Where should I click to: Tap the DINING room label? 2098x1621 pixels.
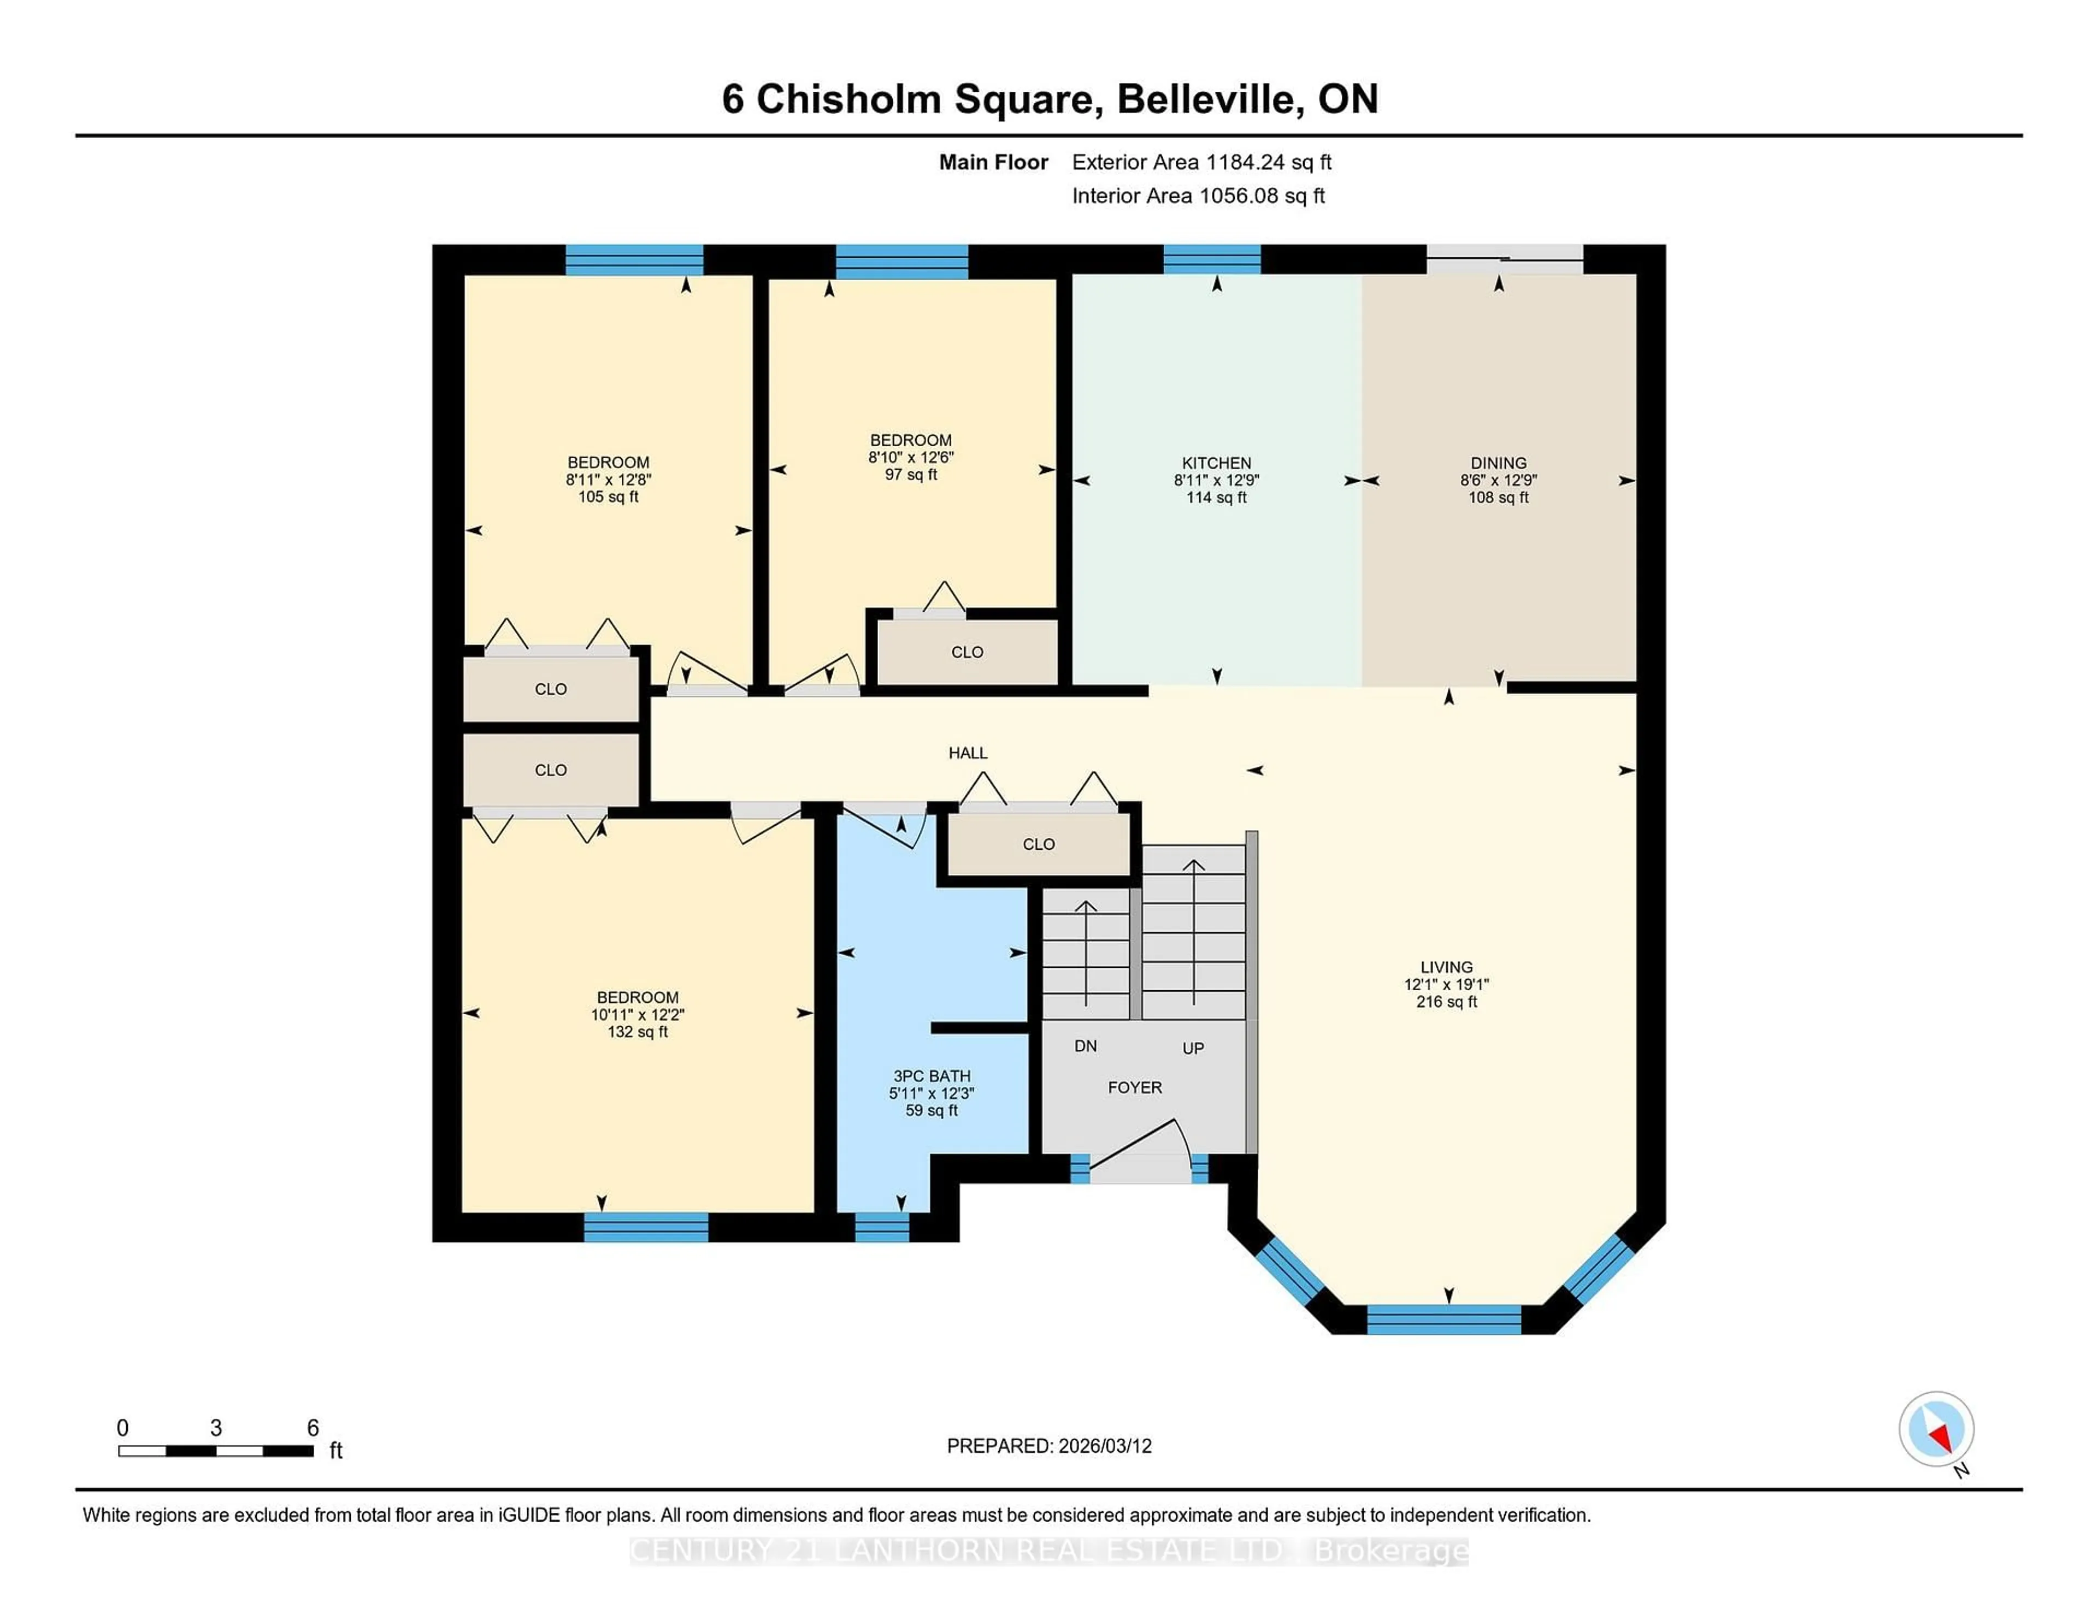pos(1498,463)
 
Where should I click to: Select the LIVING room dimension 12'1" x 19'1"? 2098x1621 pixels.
pos(1446,984)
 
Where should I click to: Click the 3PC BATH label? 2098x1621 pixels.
pos(931,1076)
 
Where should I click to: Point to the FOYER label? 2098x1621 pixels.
pos(1134,1088)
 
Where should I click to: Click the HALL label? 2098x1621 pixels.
pos(968,753)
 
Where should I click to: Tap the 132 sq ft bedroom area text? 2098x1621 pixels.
pos(637,1032)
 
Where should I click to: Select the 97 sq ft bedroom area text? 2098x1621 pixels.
pos(911,475)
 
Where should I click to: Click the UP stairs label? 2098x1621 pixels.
pos(1192,1049)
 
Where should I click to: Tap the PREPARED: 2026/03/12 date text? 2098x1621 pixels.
pos(1049,1446)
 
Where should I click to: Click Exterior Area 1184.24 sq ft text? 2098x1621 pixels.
pos(1201,162)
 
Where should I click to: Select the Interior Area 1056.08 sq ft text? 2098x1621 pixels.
pos(1198,196)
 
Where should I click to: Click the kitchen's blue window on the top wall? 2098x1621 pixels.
pos(1211,259)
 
